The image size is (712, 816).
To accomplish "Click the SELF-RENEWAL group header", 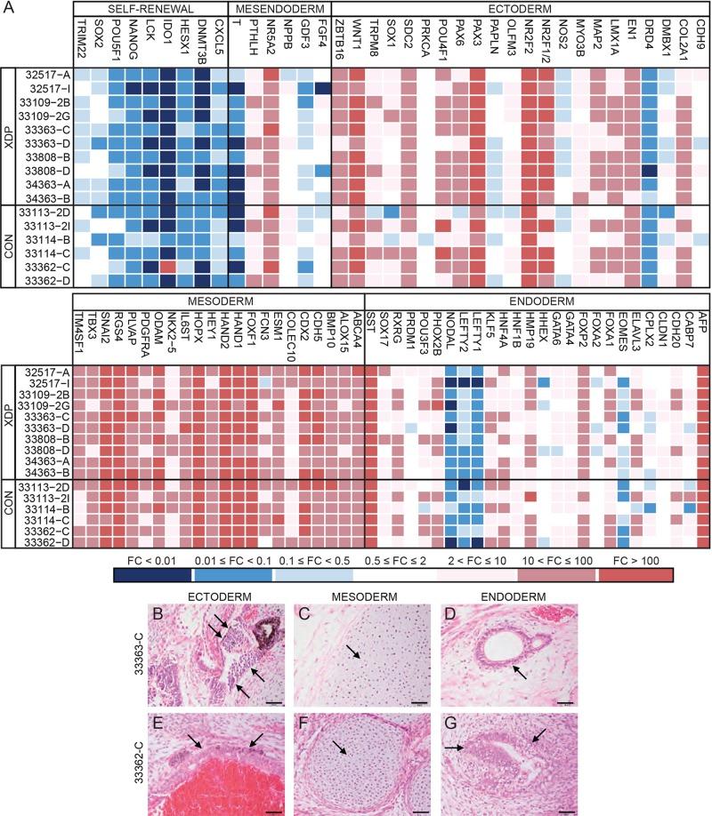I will coord(150,8).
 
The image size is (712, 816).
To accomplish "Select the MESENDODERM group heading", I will coord(279,8).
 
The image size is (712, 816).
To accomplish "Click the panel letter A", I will coord(9,8).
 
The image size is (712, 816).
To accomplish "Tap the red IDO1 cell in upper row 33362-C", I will coord(166,267).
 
